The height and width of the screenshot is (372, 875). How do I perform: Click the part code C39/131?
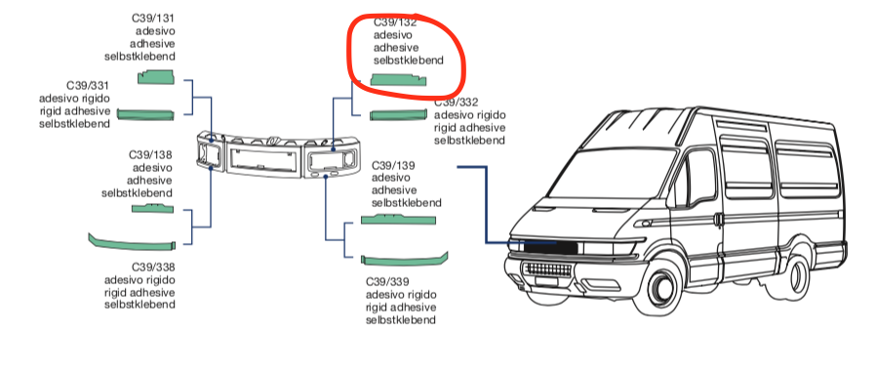click(x=153, y=19)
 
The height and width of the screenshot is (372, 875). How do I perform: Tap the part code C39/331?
click(x=88, y=86)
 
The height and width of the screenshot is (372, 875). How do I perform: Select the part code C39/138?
click(x=150, y=154)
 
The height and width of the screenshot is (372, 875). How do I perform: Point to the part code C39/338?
click(x=153, y=267)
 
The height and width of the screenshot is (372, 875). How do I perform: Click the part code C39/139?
click(x=393, y=166)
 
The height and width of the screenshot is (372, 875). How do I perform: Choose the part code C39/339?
click(x=388, y=281)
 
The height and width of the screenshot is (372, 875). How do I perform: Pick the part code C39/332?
click(x=457, y=103)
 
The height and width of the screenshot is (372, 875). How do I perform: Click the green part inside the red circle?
click(x=398, y=80)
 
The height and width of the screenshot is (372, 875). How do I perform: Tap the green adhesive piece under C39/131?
click(x=156, y=77)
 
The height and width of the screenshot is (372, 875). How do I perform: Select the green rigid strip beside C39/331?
click(x=145, y=114)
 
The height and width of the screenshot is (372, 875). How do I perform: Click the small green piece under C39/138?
click(x=152, y=208)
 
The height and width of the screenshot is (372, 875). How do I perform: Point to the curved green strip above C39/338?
click(x=132, y=243)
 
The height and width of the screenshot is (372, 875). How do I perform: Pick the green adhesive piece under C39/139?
click(x=398, y=220)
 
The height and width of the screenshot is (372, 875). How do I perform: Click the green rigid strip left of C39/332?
click(x=398, y=115)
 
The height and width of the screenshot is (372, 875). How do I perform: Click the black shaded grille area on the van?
click(x=549, y=246)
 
